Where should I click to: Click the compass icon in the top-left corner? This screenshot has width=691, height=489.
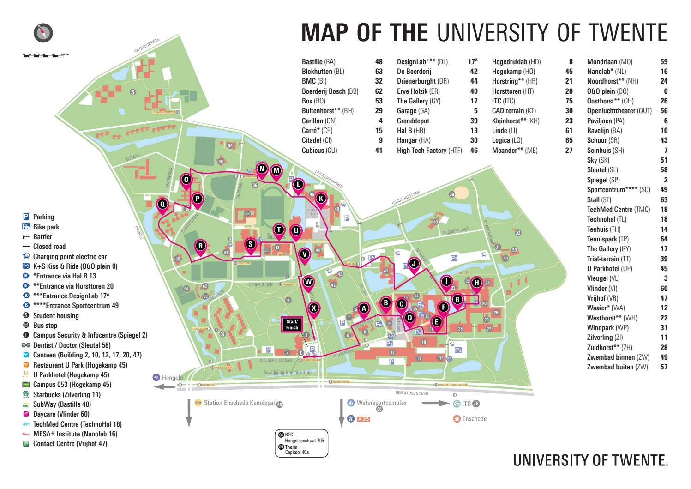(x=43, y=33)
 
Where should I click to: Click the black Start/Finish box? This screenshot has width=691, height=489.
(x=292, y=325)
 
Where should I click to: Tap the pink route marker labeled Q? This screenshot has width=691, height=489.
(x=162, y=204)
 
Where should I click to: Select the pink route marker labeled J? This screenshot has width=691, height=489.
(x=414, y=264)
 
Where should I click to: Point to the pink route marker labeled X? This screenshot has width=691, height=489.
(x=314, y=308)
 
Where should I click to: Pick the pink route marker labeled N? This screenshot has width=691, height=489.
(x=262, y=169)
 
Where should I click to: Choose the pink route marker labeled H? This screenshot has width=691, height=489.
(x=477, y=283)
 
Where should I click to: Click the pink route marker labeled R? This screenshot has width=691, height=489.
(x=200, y=246)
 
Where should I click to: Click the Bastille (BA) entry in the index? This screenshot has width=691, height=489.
(x=318, y=62)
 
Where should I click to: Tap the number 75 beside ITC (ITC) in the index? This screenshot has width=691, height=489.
(x=569, y=101)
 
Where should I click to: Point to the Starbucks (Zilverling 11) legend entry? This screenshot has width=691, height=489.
(x=66, y=395)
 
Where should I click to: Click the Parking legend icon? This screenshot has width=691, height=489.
(x=26, y=217)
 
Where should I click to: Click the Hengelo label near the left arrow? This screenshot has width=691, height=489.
(x=172, y=378)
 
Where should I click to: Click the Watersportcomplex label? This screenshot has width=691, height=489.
(x=381, y=403)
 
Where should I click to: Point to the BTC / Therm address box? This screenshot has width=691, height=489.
(x=301, y=444)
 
